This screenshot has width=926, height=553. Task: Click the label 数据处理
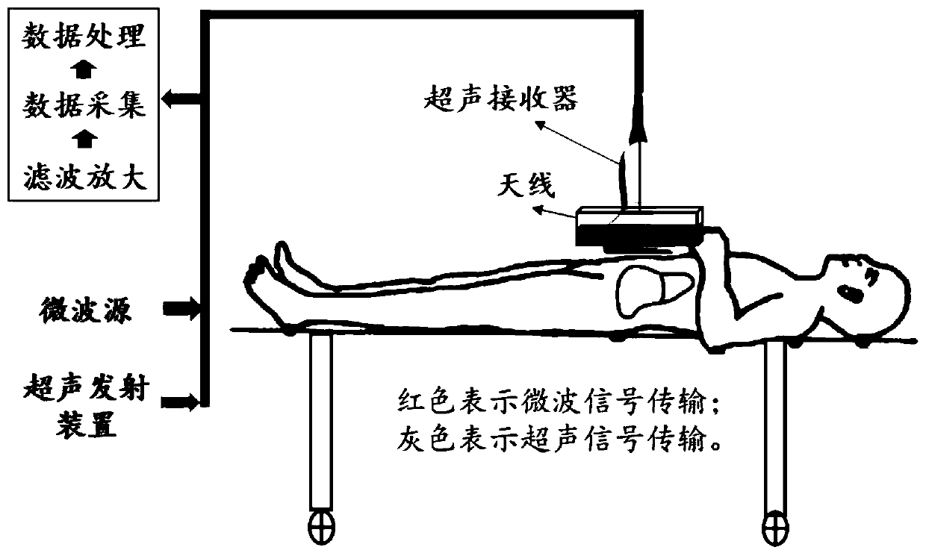pos(84,35)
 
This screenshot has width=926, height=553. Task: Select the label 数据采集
pos(84,104)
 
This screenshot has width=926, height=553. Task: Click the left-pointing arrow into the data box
pos(182,98)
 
